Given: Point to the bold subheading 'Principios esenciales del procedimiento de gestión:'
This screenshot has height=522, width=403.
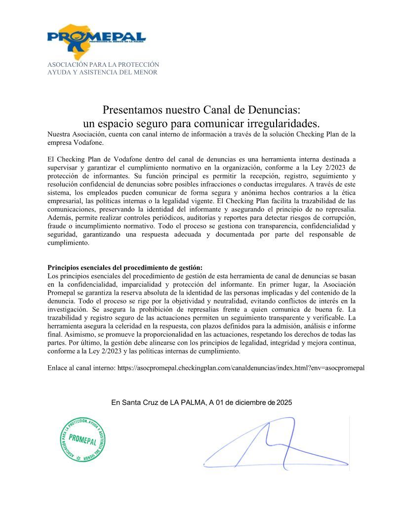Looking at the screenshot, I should (125, 267).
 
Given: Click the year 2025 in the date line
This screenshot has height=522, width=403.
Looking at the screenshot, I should (284, 403).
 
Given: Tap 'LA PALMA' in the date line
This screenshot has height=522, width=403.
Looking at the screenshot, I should (188, 403).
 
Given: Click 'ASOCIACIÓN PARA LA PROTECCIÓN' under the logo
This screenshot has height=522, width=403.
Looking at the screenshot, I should (103, 65).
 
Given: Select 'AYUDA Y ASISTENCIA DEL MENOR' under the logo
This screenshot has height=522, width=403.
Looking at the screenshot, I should (102, 73).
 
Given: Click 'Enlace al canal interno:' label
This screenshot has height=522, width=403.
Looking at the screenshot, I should (81, 368).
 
